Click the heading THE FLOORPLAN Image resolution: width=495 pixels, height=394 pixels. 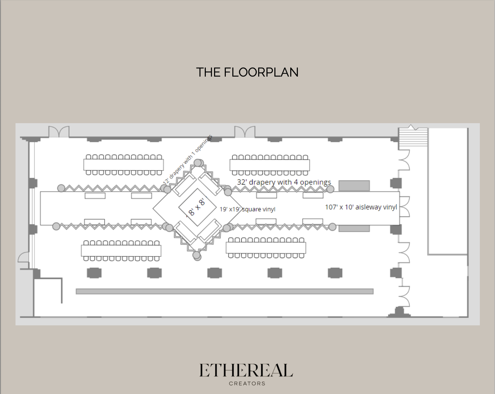pyautogui.click(x=247, y=72)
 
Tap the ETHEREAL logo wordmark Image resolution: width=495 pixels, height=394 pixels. pyautogui.click(x=246, y=371)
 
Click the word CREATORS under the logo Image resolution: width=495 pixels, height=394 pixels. pyautogui.click(x=247, y=383)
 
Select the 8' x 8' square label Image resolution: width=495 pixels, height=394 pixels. pyautogui.click(x=196, y=207)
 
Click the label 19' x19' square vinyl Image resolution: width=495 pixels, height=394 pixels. pyautogui.click(x=247, y=209)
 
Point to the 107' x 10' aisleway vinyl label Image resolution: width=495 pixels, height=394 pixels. pyautogui.click(x=361, y=207)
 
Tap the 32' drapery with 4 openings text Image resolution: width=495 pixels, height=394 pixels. pyautogui.click(x=284, y=182)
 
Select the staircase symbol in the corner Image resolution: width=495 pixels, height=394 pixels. pyautogui.click(x=413, y=138)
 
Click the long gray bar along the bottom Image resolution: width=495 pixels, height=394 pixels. pyautogui.click(x=224, y=292)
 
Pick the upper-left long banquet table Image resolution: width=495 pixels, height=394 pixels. pyautogui.click(x=123, y=165)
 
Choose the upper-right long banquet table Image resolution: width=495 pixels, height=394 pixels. pyautogui.click(x=270, y=165)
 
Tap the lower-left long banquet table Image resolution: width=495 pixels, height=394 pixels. pyautogui.click(x=121, y=250)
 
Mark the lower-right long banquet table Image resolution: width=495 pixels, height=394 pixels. pyautogui.click(x=266, y=247)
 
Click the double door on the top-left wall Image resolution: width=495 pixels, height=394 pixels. pyautogui.click(x=59, y=132)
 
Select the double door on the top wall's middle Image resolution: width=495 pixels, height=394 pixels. pyautogui.click(x=245, y=132)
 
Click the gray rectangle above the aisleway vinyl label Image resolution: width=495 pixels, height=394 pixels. pyautogui.click(x=354, y=186)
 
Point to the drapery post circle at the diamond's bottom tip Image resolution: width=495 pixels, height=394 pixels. pyautogui.click(x=196, y=256)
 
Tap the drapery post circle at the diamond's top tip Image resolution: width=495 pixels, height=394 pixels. pyautogui.click(x=199, y=162)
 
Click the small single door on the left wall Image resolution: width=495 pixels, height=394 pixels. pyautogui.click(x=23, y=257)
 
